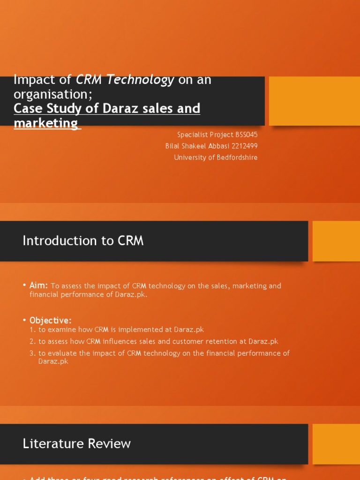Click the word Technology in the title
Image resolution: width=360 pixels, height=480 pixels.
(140, 80)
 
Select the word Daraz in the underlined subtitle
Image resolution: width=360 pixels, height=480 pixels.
(115, 108)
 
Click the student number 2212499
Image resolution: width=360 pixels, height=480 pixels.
(245, 146)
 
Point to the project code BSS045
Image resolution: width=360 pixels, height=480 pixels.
(243, 135)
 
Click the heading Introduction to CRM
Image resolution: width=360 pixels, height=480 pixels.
(83, 241)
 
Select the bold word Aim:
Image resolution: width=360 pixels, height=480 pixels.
(38, 285)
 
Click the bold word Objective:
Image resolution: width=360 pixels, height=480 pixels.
(50, 320)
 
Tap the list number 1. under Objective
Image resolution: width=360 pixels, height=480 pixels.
(32, 330)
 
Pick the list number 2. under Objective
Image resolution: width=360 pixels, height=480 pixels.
(32, 342)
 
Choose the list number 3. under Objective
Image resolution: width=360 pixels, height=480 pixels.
(32, 353)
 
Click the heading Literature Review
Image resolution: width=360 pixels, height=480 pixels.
(76, 443)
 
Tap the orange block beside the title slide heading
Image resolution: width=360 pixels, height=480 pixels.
(314, 101)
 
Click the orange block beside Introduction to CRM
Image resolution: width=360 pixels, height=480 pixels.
(336, 241)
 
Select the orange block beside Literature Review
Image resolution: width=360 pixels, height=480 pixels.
(336, 444)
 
